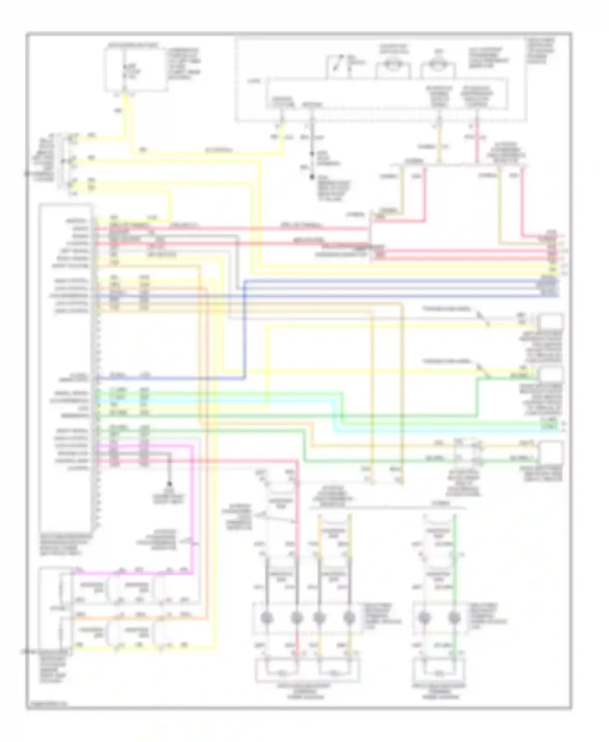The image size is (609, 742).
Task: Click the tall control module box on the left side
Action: click(x=65, y=365)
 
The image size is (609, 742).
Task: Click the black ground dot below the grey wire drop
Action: click(x=169, y=484)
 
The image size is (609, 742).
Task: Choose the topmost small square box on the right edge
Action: click(x=551, y=322)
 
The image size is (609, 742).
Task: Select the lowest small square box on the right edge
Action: click(x=551, y=451)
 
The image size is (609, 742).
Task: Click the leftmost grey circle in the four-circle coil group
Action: click(x=267, y=618)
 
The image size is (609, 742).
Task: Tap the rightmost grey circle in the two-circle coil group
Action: click(x=454, y=618)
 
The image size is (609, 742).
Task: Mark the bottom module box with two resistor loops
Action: click(x=307, y=671)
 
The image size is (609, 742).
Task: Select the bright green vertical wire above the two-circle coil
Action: click(x=454, y=536)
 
